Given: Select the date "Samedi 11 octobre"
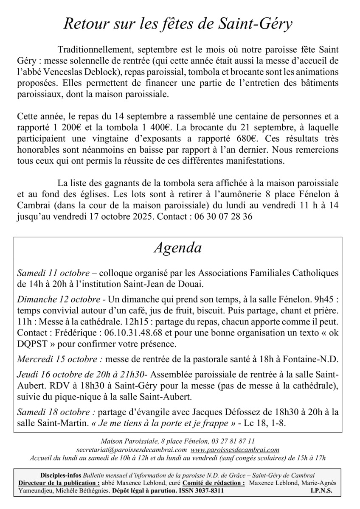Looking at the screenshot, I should pos(53,272).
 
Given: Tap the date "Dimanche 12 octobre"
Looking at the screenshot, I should pos(59,299).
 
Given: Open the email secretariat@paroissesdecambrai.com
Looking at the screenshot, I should pos(132,450).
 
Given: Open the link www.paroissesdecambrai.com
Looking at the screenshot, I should pos(235,450).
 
